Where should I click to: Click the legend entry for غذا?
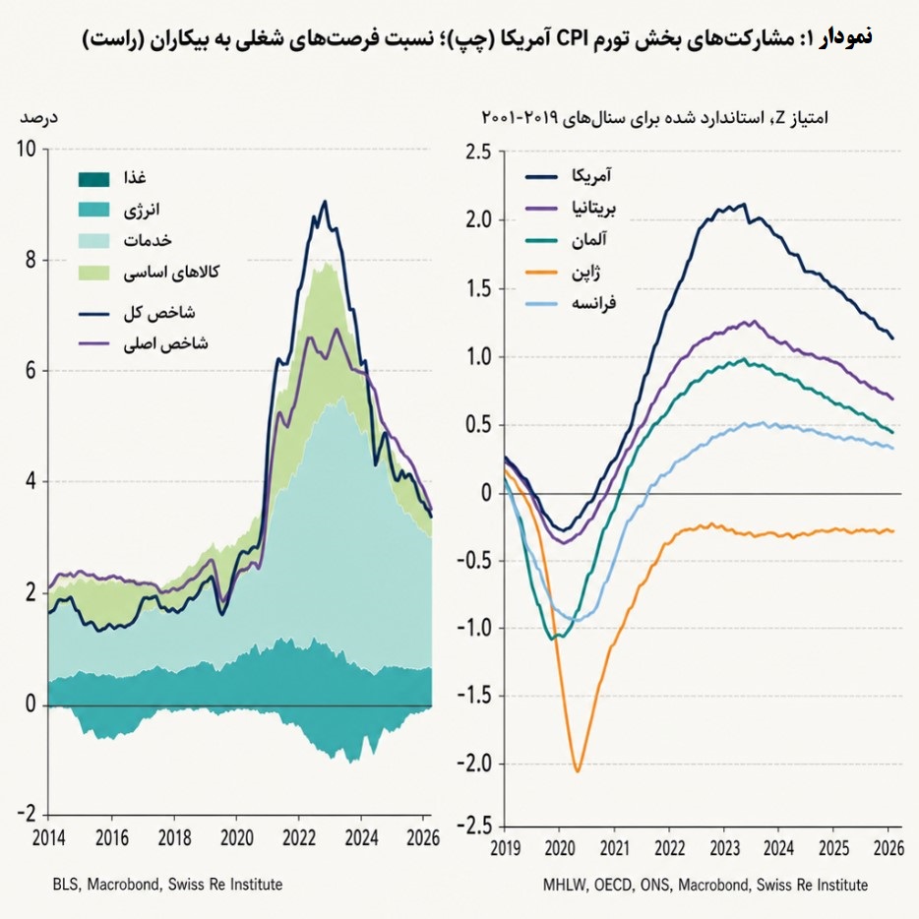(x=112, y=178)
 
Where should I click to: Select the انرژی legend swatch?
(x=93, y=210)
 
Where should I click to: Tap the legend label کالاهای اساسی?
(x=171, y=272)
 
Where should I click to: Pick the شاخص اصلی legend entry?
(x=144, y=343)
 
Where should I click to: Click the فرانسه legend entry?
(x=571, y=303)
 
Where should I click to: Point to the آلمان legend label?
(x=589, y=240)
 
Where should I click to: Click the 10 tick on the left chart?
(x=27, y=149)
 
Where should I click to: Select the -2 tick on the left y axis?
(x=27, y=814)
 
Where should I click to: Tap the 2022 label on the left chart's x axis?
(x=299, y=838)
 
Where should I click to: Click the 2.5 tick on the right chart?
(x=477, y=152)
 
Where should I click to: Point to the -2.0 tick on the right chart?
(x=474, y=764)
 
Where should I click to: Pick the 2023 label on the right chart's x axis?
(x=724, y=848)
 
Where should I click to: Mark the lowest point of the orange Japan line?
(x=578, y=771)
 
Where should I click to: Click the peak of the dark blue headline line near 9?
(x=325, y=202)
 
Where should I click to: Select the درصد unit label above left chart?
(x=38, y=117)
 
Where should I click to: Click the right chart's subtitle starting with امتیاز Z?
(x=654, y=118)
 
